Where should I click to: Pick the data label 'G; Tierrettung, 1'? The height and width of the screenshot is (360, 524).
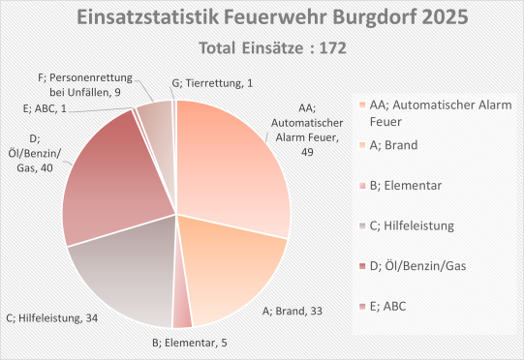[210, 83]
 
